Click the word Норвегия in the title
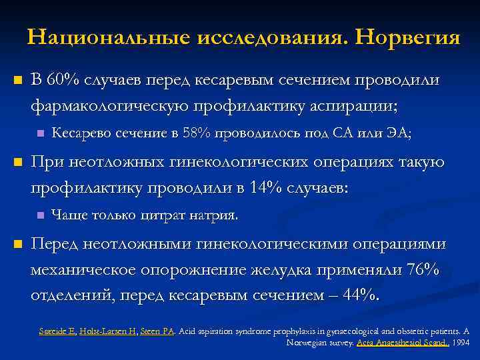point(408,37)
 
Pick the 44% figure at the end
point(358,295)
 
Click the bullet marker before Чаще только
point(39,215)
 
